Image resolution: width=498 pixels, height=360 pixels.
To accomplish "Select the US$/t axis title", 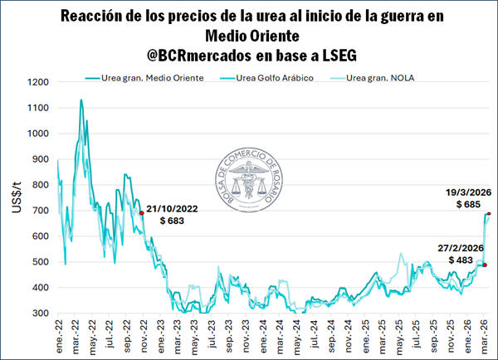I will tap(17, 198).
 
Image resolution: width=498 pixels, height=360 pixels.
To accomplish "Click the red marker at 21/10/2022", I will tap(142, 213).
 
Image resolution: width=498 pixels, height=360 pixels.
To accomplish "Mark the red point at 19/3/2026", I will tap(489, 214).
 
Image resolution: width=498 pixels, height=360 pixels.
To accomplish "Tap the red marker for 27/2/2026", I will tap(485, 265).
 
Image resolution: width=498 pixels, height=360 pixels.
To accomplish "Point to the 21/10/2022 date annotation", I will tap(176, 212).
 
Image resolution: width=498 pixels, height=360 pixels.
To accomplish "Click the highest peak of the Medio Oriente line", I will tap(81, 100).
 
